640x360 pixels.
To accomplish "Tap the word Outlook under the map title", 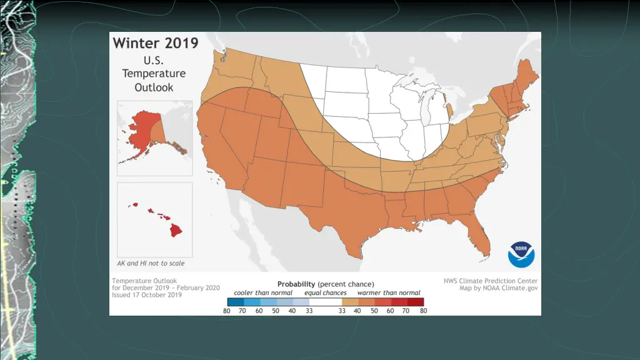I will click(154, 87).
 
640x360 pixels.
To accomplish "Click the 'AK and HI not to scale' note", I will click(151, 263).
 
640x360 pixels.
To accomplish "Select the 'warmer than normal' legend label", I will click(389, 292).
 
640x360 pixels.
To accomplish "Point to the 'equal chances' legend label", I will click(326, 292).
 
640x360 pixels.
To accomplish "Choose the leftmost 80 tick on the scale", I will click(226, 311).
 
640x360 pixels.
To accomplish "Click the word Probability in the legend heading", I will click(297, 284).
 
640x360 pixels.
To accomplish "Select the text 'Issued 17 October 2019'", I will click(147, 295).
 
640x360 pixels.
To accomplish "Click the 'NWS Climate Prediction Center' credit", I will click(490, 281).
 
